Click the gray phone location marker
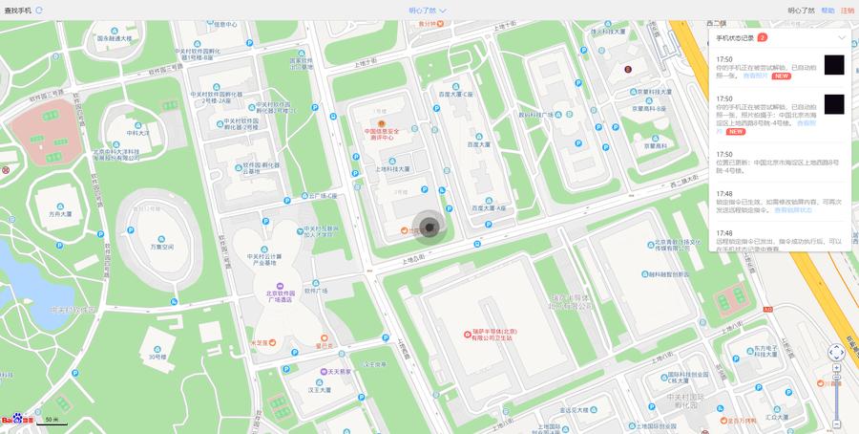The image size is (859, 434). click(429, 227)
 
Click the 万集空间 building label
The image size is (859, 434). click(161, 247)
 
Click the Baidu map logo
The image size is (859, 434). click(17, 420)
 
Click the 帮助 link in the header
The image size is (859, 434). click(828, 11)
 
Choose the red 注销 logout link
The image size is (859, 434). click(848, 11)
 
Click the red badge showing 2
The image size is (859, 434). click(762, 37)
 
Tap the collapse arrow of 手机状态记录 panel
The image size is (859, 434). click(841, 37)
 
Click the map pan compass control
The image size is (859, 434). click(836, 353)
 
